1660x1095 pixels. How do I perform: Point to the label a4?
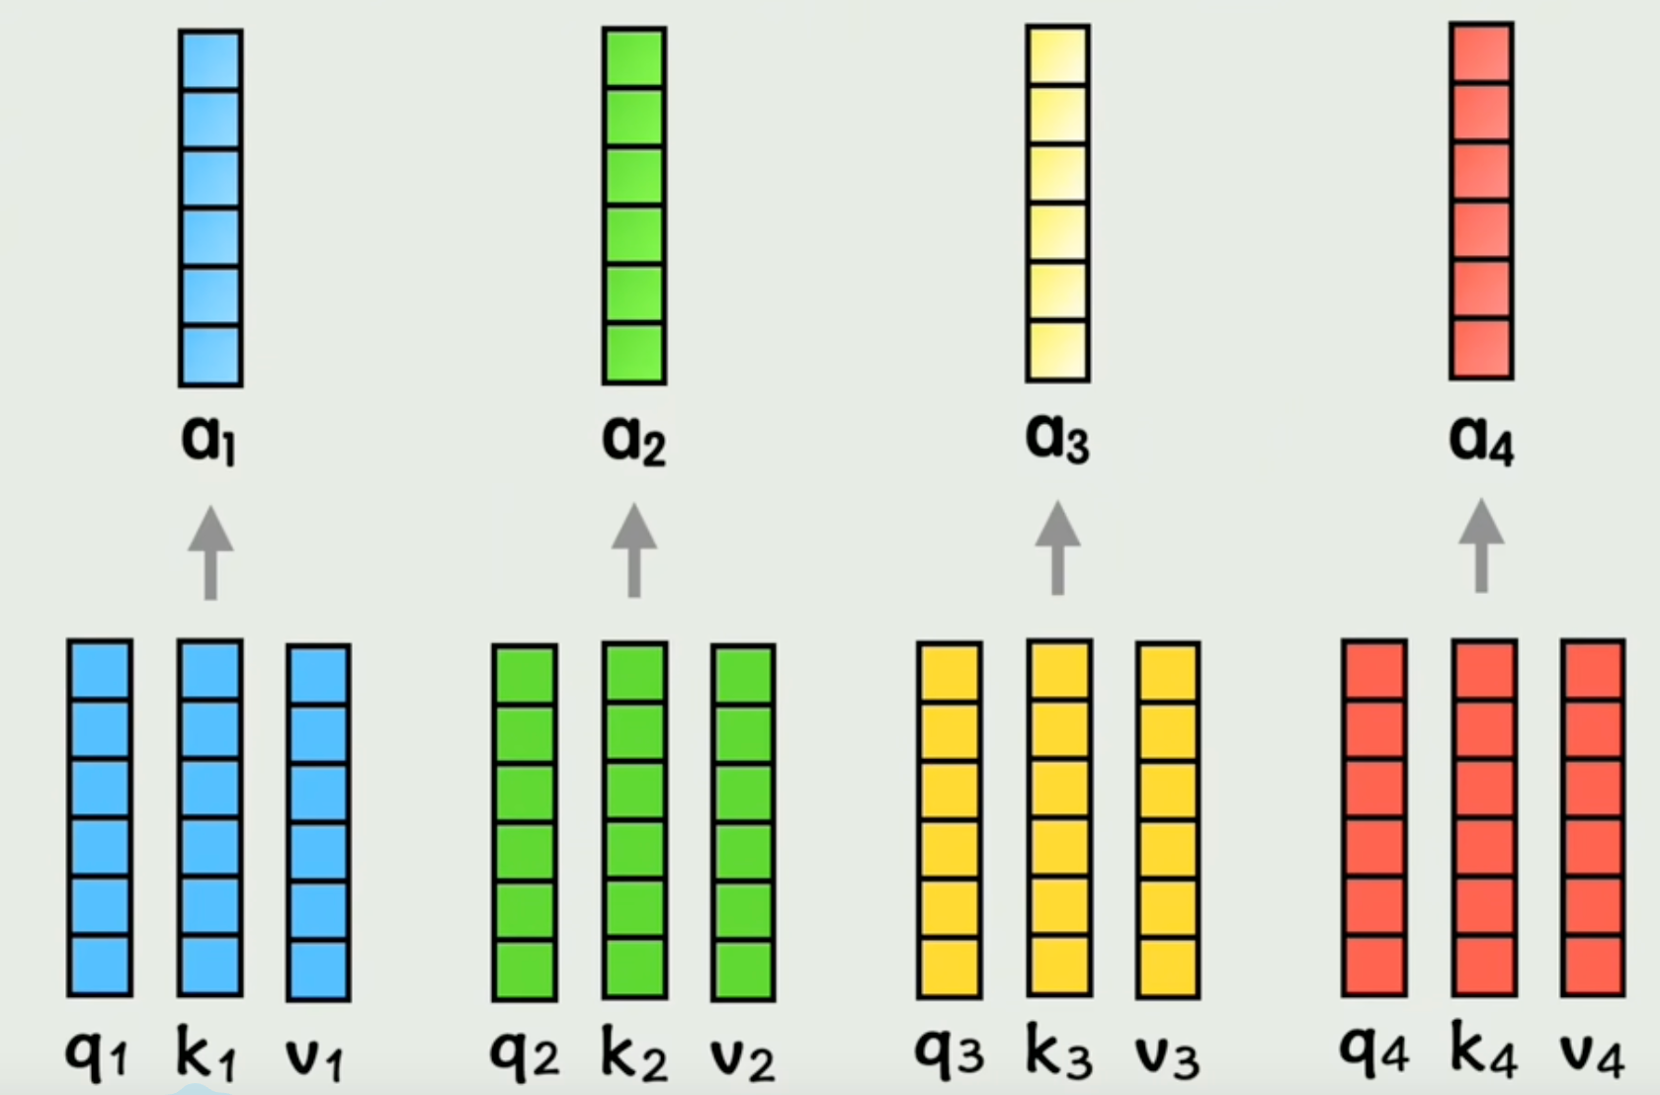1481,438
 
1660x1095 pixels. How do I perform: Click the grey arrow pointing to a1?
210,552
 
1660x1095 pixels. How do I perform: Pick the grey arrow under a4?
1481,546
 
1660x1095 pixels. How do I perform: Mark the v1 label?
314,1057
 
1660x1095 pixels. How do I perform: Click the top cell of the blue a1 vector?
210,61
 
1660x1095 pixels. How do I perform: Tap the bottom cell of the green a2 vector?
634,354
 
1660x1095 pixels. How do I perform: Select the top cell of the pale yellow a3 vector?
1057,56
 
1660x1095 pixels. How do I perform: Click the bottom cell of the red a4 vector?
1481,349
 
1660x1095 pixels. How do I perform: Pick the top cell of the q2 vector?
525,675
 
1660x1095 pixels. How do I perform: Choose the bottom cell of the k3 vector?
1059,966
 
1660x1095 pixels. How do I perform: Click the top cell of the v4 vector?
1593,671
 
